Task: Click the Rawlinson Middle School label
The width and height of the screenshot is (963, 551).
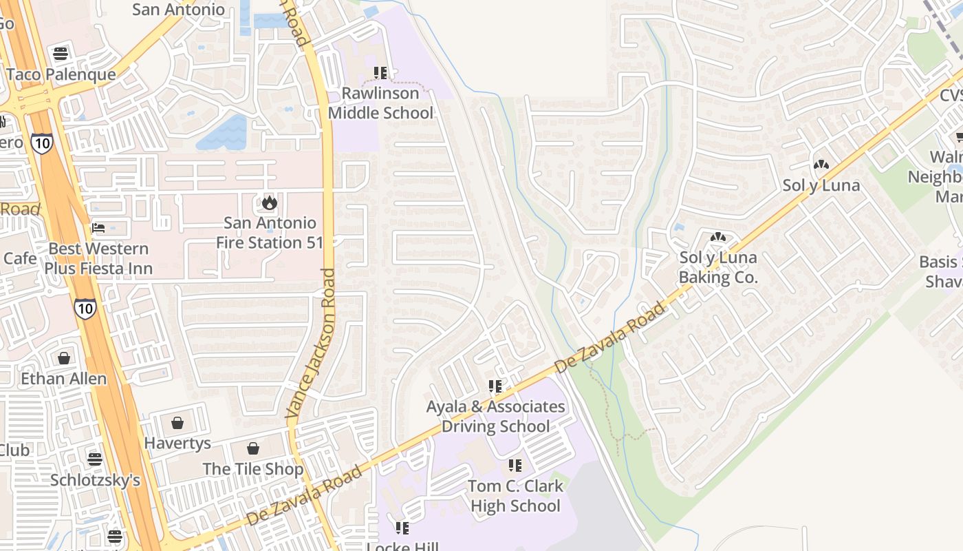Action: [380, 103]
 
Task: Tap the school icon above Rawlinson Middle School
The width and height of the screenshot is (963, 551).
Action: [380, 72]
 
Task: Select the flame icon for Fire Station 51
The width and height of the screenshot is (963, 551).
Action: [269, 202]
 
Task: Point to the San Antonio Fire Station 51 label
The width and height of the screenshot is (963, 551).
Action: [269, 233]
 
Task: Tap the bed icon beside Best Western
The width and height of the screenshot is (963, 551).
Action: [98, 228]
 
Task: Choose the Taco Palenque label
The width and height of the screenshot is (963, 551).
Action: [61, 74]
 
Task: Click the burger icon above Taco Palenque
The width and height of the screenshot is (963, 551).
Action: [61, 54]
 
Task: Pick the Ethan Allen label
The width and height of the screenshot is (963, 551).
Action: [64, 379]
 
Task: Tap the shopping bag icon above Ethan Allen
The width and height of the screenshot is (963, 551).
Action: [64, 358]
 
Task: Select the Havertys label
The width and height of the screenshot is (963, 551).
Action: [177, 444]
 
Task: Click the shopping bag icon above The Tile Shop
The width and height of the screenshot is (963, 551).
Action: [253, 448]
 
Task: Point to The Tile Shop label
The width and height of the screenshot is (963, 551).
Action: [253, 469]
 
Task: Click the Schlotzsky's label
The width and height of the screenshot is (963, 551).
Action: [95, 479]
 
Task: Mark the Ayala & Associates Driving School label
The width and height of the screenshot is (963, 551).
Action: [495, 416]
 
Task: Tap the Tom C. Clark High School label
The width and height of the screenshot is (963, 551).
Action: [515, 496]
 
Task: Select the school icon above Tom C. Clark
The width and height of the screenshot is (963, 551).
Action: [515, 466]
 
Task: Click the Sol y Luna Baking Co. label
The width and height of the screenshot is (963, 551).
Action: [718, 267]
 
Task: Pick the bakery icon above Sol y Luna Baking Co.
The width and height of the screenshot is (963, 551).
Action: [718, 238]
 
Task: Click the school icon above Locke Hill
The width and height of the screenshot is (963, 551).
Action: [402, 528]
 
